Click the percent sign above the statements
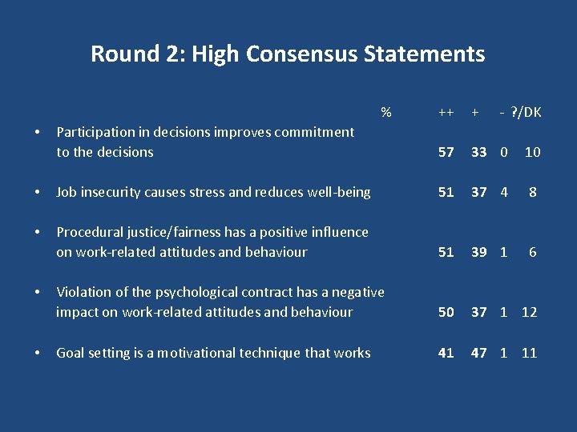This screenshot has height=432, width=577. (x=386, y=112)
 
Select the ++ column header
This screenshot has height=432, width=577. (x=446, y=113)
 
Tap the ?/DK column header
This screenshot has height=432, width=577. (x=525, y=113)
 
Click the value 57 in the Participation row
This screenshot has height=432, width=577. (x=446, y=152)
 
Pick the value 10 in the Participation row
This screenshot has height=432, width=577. (x=532, y=152)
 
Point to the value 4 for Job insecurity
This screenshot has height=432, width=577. (x=504, y=192)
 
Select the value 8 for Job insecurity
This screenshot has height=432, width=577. (x=532, y=192)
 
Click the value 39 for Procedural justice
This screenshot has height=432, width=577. (x=478, y=252)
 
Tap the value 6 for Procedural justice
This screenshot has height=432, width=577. (x=532, y=252)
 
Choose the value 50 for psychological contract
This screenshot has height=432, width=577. (x=446, y=312)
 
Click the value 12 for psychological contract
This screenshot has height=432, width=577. (x=529, y=312)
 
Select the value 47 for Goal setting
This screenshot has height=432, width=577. (x=478, y=353)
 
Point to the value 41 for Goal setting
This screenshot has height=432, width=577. (x=446, y=353)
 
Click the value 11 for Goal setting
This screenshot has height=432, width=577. (x=529, y=353)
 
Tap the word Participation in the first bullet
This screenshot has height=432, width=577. (x=95, y=132)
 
